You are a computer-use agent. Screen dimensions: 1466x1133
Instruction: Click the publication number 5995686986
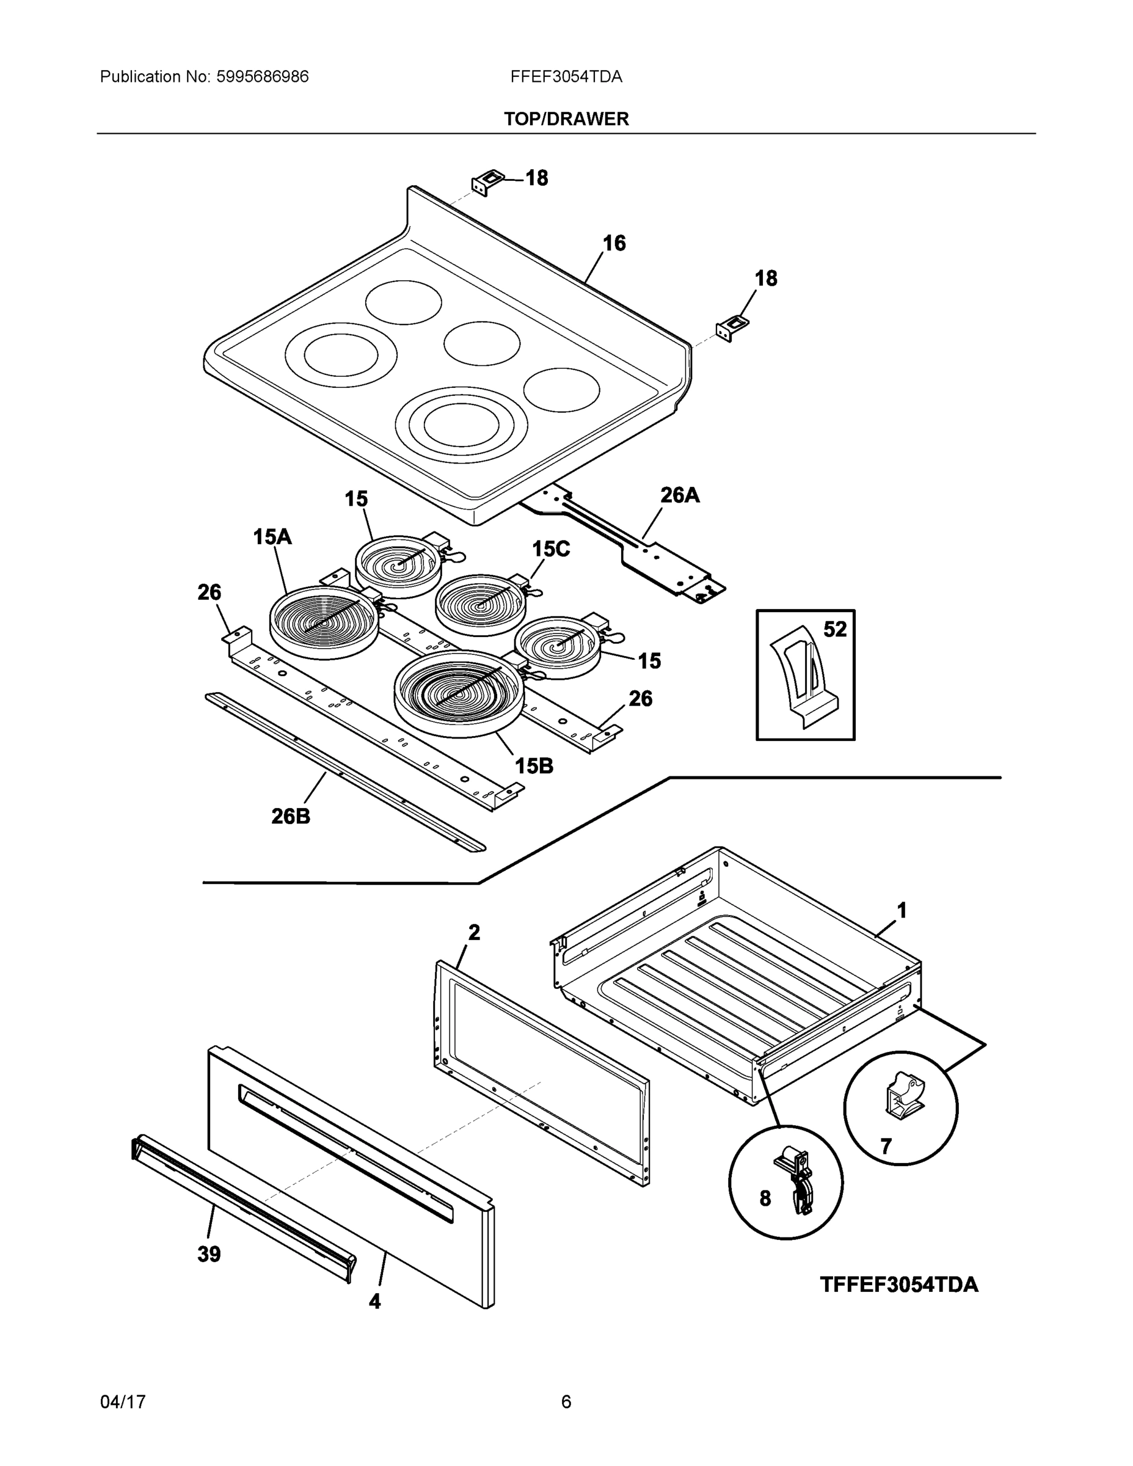262,76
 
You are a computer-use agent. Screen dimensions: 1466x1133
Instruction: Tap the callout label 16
613,243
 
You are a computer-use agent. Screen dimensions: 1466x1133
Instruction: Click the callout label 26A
679,495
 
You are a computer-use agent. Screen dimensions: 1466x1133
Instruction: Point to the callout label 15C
550,549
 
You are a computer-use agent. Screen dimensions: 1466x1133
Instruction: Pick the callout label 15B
534,765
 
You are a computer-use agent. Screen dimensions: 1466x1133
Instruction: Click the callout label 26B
291,816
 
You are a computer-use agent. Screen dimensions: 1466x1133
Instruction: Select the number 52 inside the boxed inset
834,629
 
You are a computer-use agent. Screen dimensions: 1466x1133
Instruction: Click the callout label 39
209,1254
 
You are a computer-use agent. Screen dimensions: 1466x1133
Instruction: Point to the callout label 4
374,1302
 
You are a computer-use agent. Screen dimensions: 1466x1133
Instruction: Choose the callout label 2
474,932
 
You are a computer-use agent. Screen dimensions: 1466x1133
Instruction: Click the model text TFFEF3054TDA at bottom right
898,1285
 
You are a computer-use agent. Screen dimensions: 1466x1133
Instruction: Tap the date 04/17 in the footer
123,1402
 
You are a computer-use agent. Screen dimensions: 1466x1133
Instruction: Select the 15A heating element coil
324,622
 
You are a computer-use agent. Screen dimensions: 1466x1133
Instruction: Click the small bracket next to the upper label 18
487,182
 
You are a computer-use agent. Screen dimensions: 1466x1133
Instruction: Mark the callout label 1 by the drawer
902,911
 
